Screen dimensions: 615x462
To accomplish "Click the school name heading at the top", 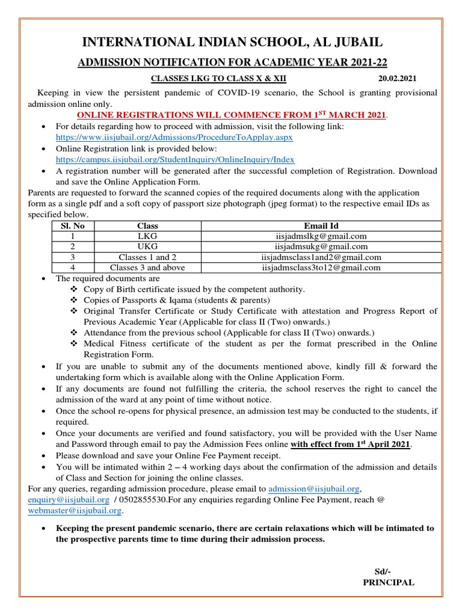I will pyautogui.click(x=232, y=42).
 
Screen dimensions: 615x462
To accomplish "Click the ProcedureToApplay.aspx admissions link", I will pyautogui.click(x=174, y=138).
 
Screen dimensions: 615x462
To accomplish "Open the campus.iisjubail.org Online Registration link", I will pyautogui.click(x=175, y=160).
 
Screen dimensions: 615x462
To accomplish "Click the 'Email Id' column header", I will pyautogui.click(x=320, y=226).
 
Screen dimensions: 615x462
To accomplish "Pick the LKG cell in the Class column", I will pyautogui.click(x=147, y=236).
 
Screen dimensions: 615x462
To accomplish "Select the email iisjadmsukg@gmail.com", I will pyautogui.click(x=320, y=247).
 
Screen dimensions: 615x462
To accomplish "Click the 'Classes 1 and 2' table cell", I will pyautogui.click(x=147, y=257).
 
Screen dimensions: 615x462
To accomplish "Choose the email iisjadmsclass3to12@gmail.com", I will pyautogui.click(x=320, y=268).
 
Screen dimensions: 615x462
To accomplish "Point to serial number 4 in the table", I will pyautogui.click(x=72, y=268).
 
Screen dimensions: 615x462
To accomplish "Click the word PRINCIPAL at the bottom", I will pyautogui.click(x=389, y=583).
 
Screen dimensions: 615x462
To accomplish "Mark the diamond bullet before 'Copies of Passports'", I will pyautogui.click(x=75, y=300).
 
